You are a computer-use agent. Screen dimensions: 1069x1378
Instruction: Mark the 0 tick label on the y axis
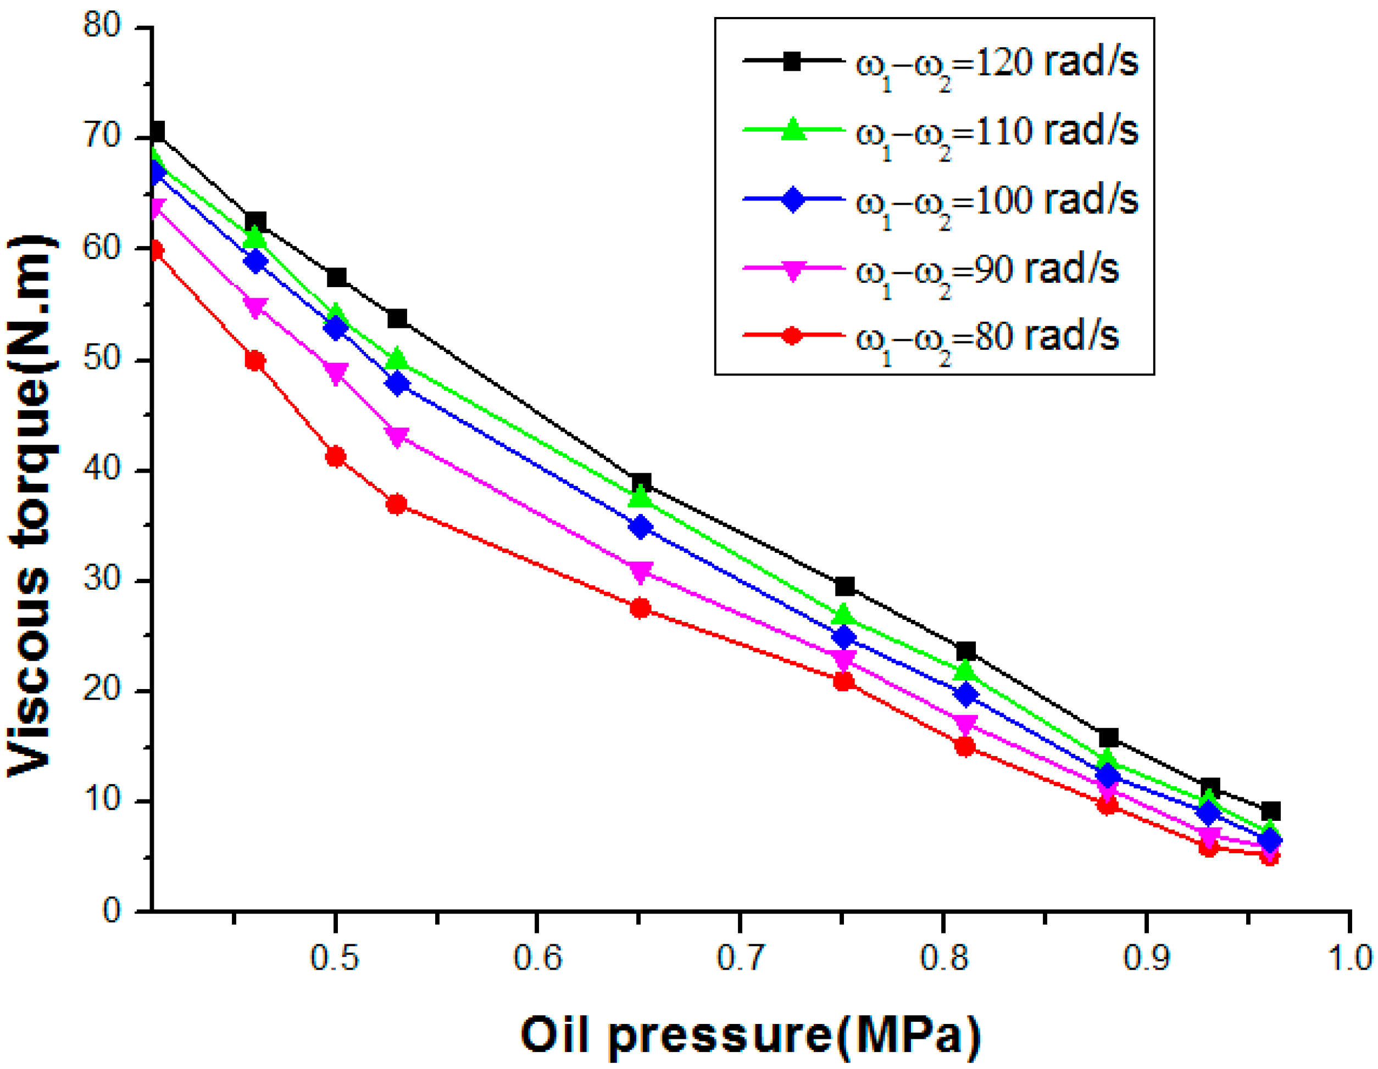point(111,911)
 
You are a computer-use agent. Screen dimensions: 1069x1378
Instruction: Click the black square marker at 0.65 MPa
point(641,484)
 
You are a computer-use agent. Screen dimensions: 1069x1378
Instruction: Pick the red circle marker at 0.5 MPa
point(335,457)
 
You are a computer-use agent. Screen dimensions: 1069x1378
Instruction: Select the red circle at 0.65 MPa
point(641,608)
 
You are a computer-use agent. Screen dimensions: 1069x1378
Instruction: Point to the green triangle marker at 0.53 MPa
point(397,358)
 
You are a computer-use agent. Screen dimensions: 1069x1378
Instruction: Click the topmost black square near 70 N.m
point(157,132)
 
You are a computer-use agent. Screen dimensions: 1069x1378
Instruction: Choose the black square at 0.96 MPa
point(1271,810)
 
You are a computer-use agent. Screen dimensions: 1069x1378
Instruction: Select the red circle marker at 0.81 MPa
point(965,747)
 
